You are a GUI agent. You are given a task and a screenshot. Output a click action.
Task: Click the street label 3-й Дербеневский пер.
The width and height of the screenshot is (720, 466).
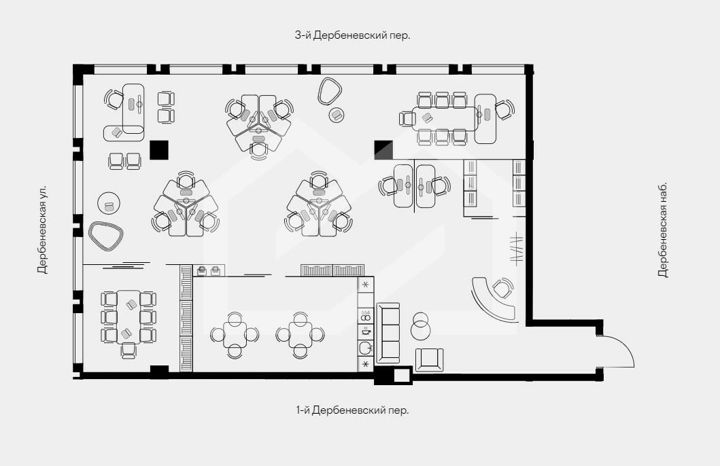click(352, 35)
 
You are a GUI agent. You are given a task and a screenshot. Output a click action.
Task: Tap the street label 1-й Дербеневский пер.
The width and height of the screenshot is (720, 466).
click(352, 410)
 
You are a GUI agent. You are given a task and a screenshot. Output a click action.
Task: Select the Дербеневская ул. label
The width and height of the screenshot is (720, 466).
click(42, 230)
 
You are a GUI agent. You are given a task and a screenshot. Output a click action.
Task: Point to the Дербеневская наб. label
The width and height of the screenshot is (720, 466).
click(663, 230)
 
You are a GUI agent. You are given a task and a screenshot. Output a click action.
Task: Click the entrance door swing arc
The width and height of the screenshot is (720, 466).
click(627, 346)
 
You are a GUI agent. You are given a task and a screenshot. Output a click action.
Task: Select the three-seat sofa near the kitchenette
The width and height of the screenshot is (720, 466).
click(388, 333)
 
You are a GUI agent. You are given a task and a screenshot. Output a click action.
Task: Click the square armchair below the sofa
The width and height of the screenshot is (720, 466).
click(429, 359)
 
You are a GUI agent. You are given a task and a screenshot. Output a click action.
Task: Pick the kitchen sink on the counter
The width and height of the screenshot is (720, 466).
click(366, 347)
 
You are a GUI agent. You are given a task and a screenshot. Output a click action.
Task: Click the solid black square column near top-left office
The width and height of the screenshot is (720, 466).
click(159, 150)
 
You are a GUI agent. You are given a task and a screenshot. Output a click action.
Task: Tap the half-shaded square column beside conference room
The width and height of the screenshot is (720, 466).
click(383, 150)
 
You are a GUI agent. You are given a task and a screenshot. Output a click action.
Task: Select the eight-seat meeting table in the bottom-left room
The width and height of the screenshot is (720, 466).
click(128, 317)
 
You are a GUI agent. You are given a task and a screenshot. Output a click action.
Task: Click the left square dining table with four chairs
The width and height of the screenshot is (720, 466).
click(235, 334)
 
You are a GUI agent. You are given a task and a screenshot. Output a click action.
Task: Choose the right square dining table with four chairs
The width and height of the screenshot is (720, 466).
click(301, 334)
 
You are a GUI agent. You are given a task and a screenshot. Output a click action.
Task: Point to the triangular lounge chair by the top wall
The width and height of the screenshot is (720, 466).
click(329, 91)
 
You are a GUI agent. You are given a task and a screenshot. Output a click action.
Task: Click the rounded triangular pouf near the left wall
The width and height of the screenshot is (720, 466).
click(106, 236)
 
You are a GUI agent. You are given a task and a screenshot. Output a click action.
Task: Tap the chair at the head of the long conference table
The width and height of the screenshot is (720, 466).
click(407, 119)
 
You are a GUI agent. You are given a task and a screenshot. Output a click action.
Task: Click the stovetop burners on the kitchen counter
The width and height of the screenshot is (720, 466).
click(366, 316)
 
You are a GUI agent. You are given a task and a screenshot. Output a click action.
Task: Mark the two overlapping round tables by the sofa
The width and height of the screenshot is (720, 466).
click(420, 325)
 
